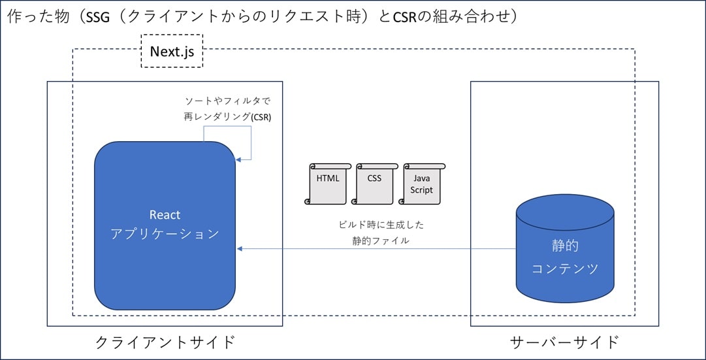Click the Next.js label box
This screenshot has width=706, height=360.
(x=172, y=51)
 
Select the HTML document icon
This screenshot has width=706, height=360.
(x=327, y=184)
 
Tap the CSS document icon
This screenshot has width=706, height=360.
(x=374, y=184)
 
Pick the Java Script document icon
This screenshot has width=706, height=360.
(x=422, y=184)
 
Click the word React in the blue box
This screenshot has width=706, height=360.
(x=165, y=215)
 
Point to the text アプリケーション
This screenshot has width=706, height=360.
(x=165, y=235)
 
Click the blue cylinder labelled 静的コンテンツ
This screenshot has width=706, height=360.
(x=565, y=248)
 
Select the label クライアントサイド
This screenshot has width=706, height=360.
(x=165, y=342)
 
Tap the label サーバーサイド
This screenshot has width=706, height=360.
(x=565, y=342)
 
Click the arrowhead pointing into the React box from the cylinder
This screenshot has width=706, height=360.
(x=240, y=248)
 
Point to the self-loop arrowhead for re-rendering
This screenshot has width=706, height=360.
(x=238, y=159)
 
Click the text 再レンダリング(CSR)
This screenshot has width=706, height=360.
(x=227, y=116)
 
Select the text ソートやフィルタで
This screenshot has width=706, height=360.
(x=227, y=100)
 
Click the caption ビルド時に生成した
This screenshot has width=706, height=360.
(x=381, y=225)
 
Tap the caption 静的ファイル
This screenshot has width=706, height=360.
(x=381, y=240)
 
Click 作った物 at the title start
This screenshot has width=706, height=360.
(x=29, y=17)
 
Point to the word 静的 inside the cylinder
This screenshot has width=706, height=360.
(x=565, y=246)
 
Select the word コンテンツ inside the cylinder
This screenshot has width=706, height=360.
(x=565, y=269)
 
